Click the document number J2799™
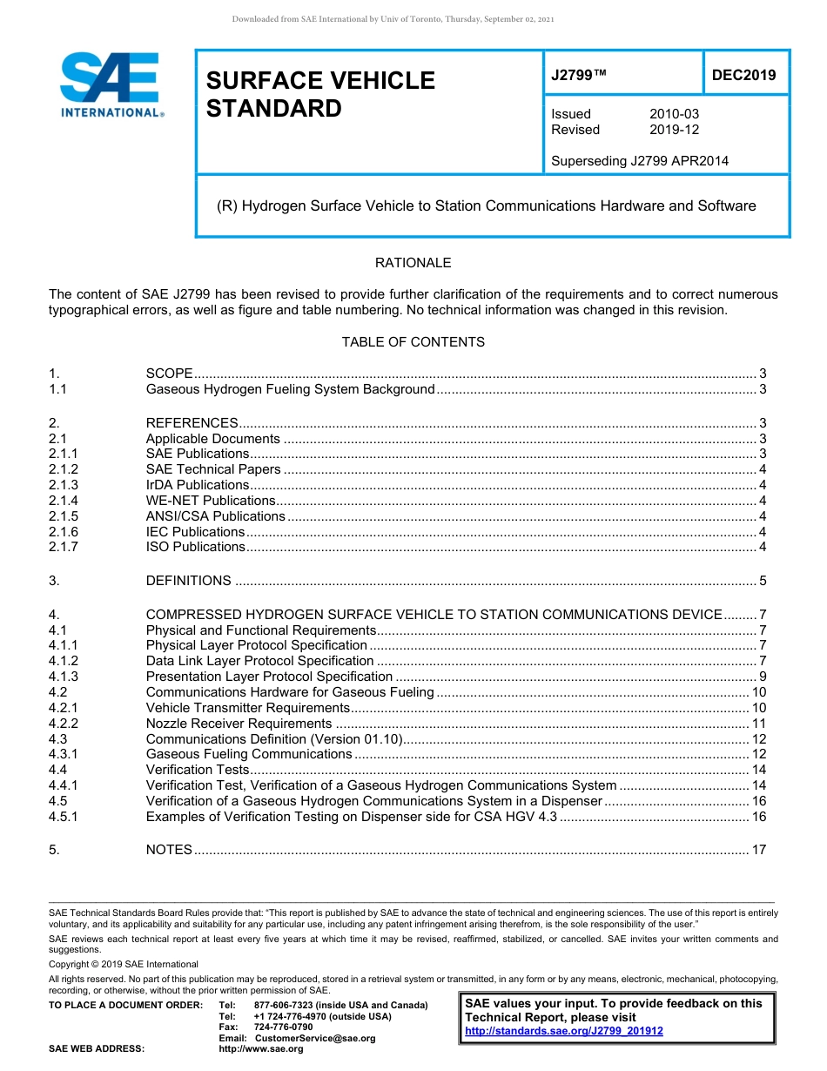click(x=578, y=76)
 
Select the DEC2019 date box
click(x=743, y=75)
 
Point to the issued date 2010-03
click(x=674, y=114)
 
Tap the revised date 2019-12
click(x=674, y=130)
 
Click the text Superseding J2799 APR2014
click(x=639, y=160)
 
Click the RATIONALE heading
click(x=413, y=262)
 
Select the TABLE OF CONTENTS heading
click(x=413, y=341)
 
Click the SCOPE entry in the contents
click(x=169, y=374)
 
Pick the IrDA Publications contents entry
click(x=198, y=485)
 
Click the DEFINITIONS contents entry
click(x=188, y=581)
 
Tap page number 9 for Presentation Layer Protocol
click(x=762, y=677)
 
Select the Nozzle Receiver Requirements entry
click(x=239, y=724)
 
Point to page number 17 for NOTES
click(x=758, y=850)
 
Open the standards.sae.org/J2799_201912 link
click(x=564, y=1031)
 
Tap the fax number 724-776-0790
click(x=283, y=1027)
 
